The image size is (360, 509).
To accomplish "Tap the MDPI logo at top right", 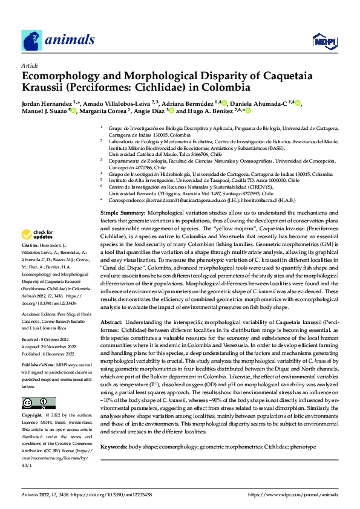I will tap(324, 41).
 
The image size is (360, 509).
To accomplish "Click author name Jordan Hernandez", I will tap(46, 103).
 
